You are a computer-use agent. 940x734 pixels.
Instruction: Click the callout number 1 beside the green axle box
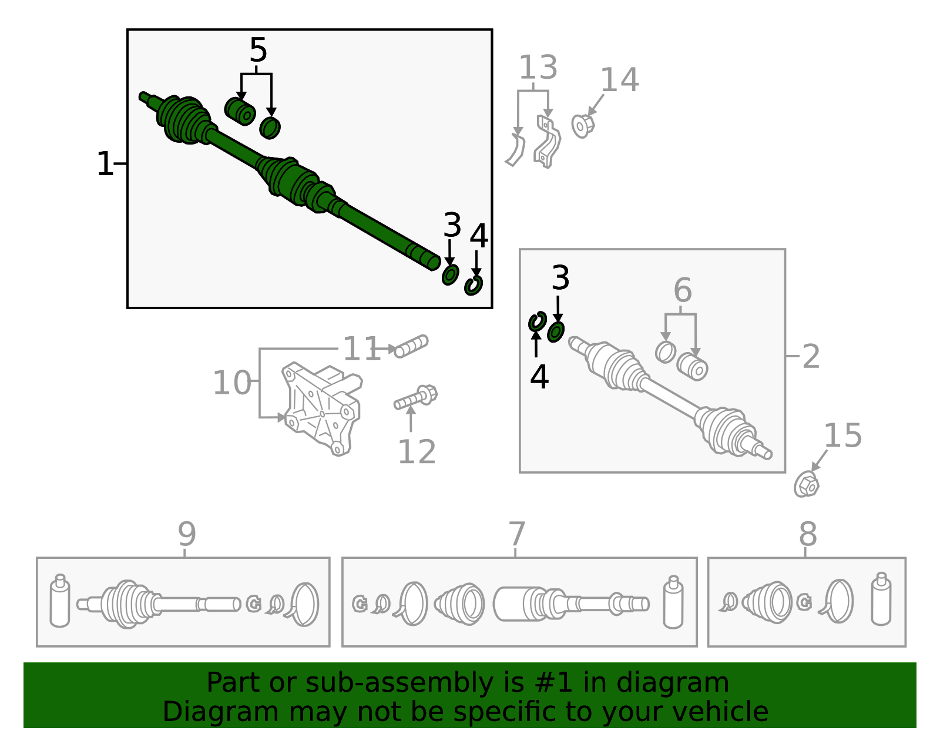105,164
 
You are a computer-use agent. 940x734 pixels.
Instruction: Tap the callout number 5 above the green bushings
258,51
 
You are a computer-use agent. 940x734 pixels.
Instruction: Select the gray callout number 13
538,68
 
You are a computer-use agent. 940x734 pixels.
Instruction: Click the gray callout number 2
811,357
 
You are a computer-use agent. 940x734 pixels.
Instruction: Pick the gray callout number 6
682,290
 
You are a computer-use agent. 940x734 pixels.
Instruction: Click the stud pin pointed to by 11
412,346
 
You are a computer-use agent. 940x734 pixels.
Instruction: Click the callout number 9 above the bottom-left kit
186,534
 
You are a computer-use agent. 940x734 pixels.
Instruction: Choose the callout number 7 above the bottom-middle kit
516,534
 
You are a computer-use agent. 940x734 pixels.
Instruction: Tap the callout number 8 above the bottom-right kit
808,534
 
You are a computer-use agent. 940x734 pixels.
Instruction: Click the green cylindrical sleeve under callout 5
240,112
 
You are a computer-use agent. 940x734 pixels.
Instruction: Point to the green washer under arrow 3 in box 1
450,274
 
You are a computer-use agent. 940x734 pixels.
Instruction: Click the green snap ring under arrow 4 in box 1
474,285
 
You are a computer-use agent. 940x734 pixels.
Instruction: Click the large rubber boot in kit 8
767,602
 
